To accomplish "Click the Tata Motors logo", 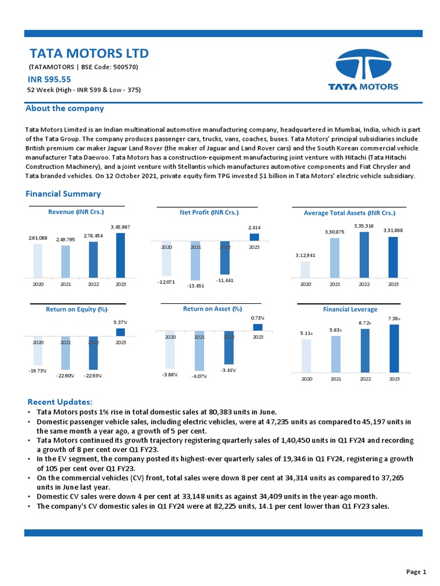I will point(363,70).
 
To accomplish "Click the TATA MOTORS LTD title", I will point(89,54).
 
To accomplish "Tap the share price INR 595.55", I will point(49,80).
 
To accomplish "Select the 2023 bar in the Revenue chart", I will point(120,255).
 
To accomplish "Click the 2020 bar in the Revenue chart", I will point(38,260).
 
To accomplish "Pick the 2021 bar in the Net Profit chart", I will point(195,260).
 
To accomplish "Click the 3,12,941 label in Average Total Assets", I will point(305,256).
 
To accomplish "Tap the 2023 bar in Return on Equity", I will point(120,332).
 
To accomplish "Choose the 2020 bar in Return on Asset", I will point(170,350).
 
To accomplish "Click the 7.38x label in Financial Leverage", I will point(394,318).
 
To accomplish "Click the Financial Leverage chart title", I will point(350,310).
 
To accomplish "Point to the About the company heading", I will point(65,108).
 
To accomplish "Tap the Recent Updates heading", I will point(60,402).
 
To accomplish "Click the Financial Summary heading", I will point(63,194).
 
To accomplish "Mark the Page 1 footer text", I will point(416,572).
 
